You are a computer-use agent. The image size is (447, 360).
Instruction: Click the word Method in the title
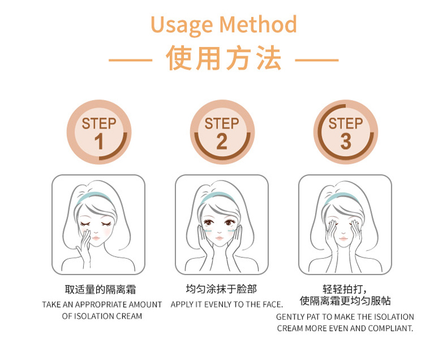click(258, 24)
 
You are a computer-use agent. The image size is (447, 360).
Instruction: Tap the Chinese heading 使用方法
click(223, 59)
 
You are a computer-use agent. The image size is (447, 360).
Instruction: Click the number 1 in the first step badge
click(99, 142)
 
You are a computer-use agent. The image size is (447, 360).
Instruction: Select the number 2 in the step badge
click(222, 141)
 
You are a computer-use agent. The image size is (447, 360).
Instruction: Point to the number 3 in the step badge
click(345, 141)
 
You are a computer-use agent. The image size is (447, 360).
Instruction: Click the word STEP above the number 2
click(222, 124)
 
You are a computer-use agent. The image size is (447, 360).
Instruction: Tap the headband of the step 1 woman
click(93, 197)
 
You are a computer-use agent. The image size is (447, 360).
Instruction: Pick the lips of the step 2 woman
click(219, 238)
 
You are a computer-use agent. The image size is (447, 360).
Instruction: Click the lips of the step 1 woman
click(96, 238)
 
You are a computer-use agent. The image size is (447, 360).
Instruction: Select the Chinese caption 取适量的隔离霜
click(101, 290)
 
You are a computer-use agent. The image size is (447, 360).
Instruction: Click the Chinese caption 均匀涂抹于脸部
click(221, 289)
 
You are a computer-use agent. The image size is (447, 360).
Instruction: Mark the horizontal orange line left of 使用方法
click(130, 60)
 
